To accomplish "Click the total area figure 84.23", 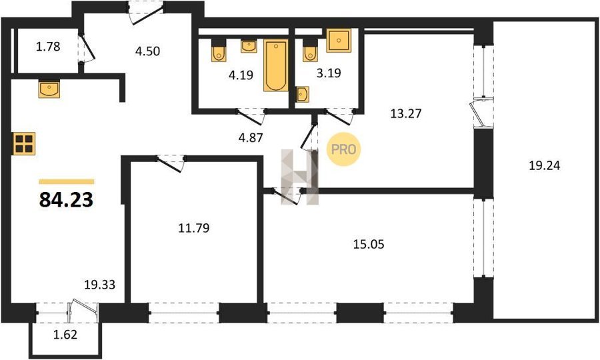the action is [x=66, y=199].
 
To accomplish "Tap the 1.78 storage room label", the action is [x=48, y=47].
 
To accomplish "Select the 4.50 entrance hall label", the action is [x=147, y=51].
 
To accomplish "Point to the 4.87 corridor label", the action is [x=251, y=137].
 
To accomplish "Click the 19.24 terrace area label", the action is [x=544, y=165].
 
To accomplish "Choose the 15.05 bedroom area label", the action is [x=369, y=244].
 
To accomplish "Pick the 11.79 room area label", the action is [x=194, y=228].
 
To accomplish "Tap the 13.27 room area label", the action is [x=406, y=113].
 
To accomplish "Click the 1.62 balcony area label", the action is [x=65, y=335].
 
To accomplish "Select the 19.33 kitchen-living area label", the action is [x=100, y=285].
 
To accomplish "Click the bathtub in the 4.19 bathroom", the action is [x=276, y=65].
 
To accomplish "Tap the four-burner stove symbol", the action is [x=24, y=143].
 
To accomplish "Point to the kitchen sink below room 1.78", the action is [x=49, y=89].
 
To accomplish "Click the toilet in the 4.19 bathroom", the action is [x=219, y=51].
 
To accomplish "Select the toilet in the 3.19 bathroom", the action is [x=310, y=51].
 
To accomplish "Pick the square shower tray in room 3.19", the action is [x=339, y=40].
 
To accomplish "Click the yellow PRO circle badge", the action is [x=343, y=149].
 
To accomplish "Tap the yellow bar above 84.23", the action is [x=67, y=182].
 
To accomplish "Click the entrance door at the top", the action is [x=146, y=13].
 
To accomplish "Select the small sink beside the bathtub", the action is [x=249, y=47].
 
